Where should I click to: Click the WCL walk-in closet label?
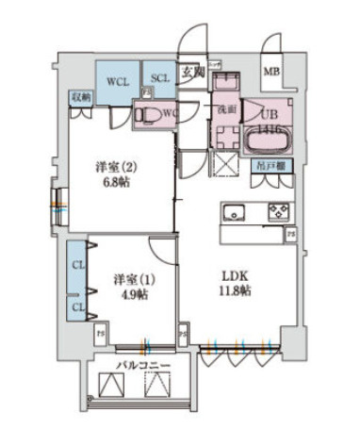[117, 80]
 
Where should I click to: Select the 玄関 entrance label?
[192, 71]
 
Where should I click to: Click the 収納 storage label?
[79, 97]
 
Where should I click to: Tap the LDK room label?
[235, 275]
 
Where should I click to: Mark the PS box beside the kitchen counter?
[291, 232]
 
